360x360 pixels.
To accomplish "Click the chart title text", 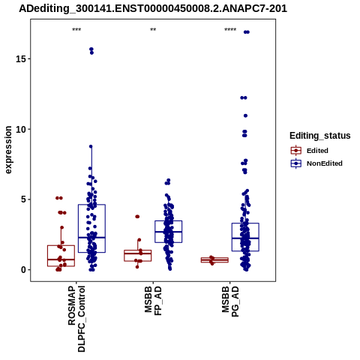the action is [x=153, y=8].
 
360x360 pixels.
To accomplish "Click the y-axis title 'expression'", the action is [x=8, y=150].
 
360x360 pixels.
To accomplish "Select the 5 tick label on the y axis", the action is [x=23, y=199].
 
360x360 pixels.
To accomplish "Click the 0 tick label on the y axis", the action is [x=23, y=270].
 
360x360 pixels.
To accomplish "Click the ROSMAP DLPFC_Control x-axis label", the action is [x=76, y=319].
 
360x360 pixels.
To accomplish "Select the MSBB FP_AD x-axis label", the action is [x=153, y=301].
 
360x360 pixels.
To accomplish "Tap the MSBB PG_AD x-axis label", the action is [x=230, y=301].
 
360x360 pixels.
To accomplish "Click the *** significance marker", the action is [x=76, y=30].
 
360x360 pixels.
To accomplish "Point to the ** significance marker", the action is [x=153, y=30].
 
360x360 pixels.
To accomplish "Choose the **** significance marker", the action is [x=230, y=30].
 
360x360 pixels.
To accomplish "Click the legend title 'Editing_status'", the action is [x=320, y=136].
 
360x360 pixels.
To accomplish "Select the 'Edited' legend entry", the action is [x=317, y=151].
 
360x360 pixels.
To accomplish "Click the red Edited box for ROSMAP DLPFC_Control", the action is [x=61, y=256].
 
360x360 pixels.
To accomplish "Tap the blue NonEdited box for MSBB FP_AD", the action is [x=168, y=232].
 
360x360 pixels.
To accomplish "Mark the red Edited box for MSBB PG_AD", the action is [x=214, y=260].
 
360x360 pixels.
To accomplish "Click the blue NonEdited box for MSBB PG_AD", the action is [x=245, y=237].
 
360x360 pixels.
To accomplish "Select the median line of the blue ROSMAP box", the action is [x=91, y=238].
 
